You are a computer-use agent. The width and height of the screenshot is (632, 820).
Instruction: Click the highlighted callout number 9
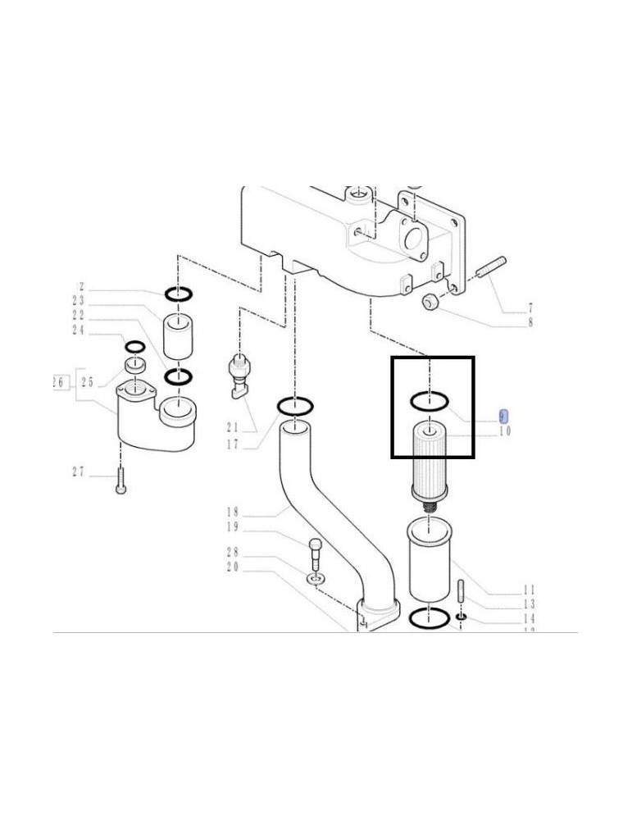504,417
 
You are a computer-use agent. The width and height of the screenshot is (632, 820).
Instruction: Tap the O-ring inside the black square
429,401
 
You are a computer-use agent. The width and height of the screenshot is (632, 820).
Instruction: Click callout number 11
530,589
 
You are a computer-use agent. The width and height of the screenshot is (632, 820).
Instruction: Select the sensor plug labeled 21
239,377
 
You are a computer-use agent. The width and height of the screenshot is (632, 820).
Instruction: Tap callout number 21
232,427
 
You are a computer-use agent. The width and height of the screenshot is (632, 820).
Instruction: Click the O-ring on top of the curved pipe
294,405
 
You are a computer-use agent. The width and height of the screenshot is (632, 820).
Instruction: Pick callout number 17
232,444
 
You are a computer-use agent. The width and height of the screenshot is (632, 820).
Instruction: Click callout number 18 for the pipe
232,512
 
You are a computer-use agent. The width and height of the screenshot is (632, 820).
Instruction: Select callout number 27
78,471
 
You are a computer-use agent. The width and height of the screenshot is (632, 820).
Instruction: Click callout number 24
79,330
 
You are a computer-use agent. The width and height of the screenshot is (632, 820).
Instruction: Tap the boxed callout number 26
58,382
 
